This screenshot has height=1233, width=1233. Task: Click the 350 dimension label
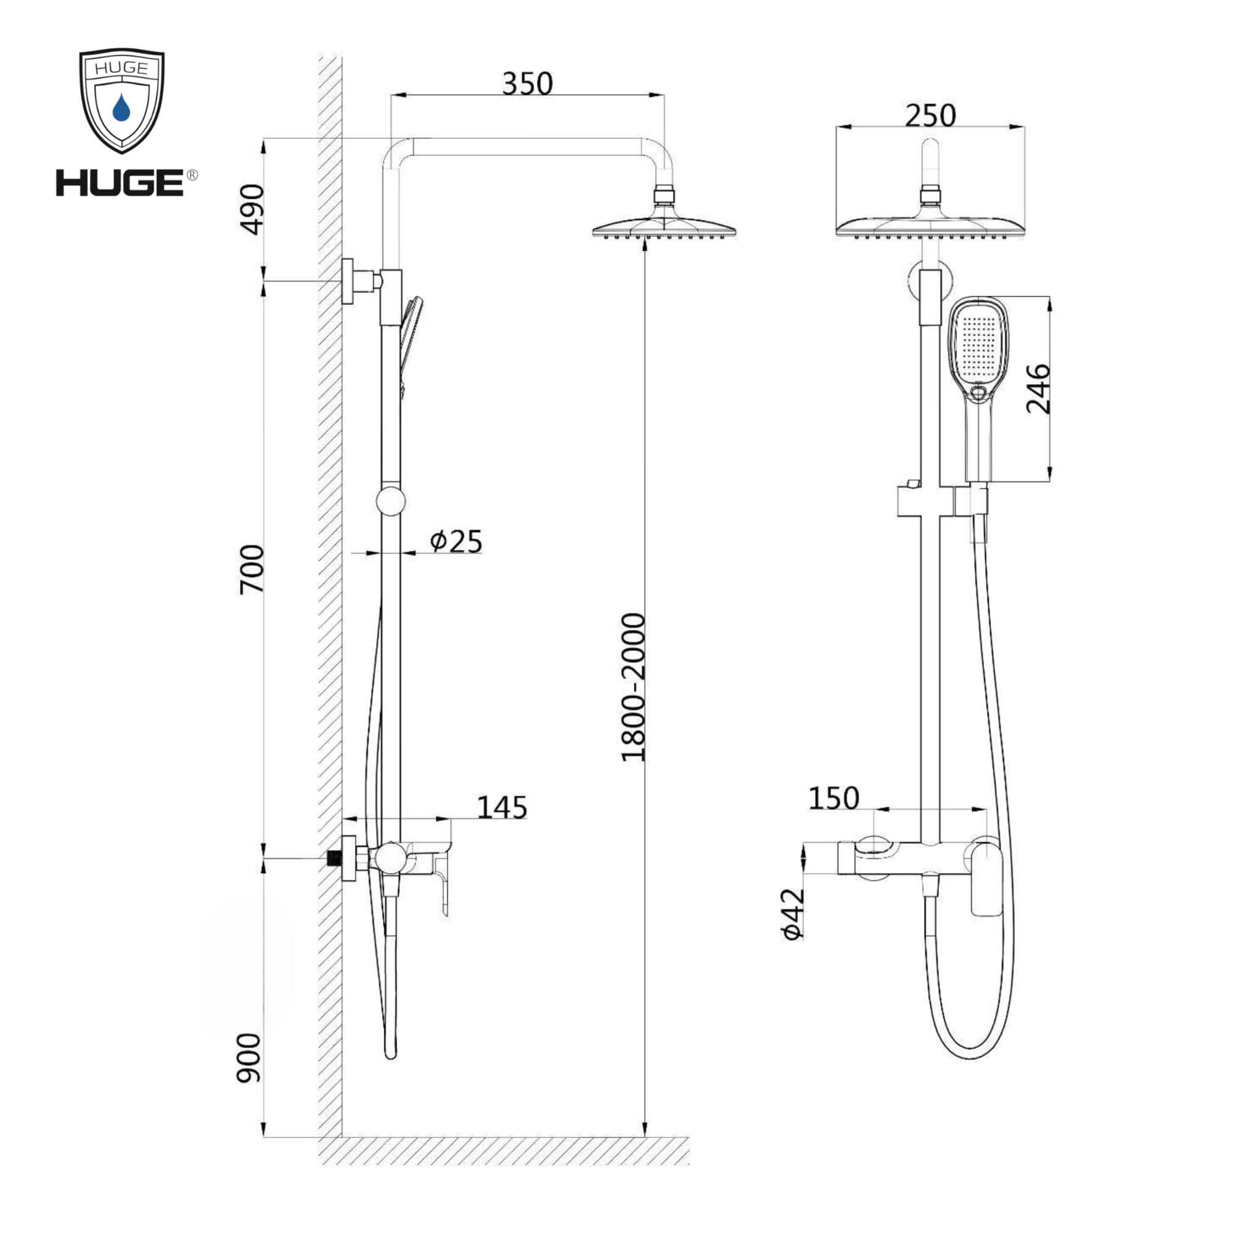click(x=527, y=84)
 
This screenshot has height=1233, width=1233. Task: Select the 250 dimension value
click(x=930, y=115)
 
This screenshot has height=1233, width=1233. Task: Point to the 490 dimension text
click(x=251, y=210)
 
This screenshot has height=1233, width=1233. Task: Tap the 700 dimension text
click(x=251, y=569)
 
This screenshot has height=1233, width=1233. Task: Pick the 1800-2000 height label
click(x=633, y=687)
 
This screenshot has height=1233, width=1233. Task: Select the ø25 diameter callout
click(x=456, y=541)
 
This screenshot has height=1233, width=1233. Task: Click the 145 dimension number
click(x=502, y=808)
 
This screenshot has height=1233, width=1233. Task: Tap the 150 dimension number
click(x=834, y=798)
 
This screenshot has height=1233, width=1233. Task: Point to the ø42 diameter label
click(x=792, y=914)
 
